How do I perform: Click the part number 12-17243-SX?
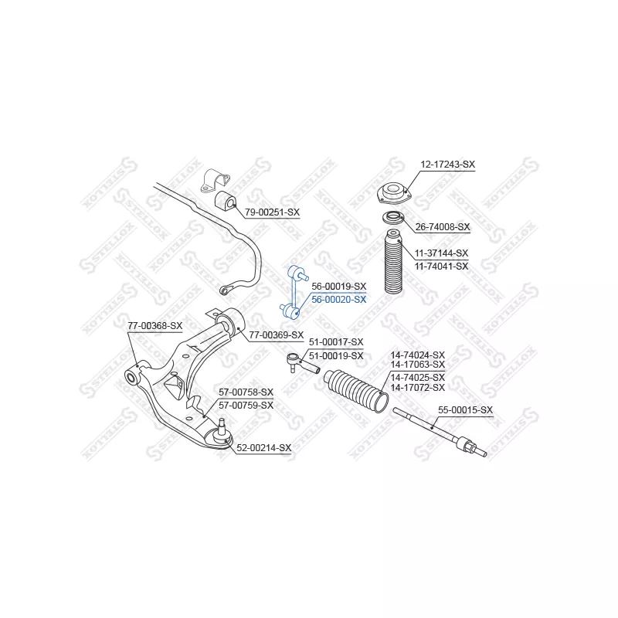[448, 165]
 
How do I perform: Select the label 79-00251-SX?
[273, 212]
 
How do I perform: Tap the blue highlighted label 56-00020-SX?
[339, 300]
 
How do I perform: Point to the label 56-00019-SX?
[339, 286]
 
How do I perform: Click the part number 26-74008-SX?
[443, 227]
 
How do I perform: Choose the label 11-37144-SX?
[441, 253]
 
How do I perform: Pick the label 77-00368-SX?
[155, 326]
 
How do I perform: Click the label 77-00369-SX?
[277, 335]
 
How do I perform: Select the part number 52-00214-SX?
[263, 448]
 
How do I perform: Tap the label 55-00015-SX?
[466, 410]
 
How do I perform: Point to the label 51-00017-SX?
[336, 342]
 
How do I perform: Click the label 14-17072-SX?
[417, 388]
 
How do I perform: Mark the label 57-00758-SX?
[246, 392]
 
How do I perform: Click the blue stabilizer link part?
[294, 292]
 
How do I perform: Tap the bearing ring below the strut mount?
[393, 217]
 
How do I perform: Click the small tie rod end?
[302, 363]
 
